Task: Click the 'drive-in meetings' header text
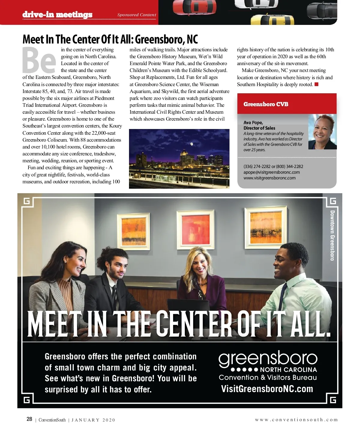click(57, 14)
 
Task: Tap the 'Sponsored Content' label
click(136, 15)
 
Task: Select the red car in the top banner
click(194, 7)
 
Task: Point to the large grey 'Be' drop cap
click(39, 61)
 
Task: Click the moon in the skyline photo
click(191, 144)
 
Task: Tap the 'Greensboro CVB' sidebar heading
click(266, 104)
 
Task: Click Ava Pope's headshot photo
click(322, 132)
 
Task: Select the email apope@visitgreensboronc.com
click(271, 172)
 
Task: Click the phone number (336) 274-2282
click(257, 166)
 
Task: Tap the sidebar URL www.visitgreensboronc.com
click(269, 178)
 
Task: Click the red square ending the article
click(316, 84)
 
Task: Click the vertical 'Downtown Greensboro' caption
click(332, 235)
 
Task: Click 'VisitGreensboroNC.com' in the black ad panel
click(267, 389)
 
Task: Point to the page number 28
click(29, 419)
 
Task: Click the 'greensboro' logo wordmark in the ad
click(268, 358)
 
